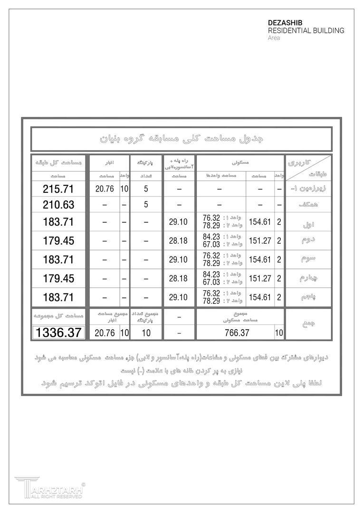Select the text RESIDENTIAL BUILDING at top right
point(306,30)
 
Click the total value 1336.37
point(58,332)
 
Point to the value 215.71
point(58,189)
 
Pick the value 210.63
point(58,205)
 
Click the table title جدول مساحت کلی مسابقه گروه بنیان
point(181,139)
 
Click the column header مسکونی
point(240,162)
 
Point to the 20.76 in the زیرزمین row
point(104,189)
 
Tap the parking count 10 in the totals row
point(146,333)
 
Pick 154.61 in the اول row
point(259,222)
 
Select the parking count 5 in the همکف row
point(146,205)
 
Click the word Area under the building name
point(274,38)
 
